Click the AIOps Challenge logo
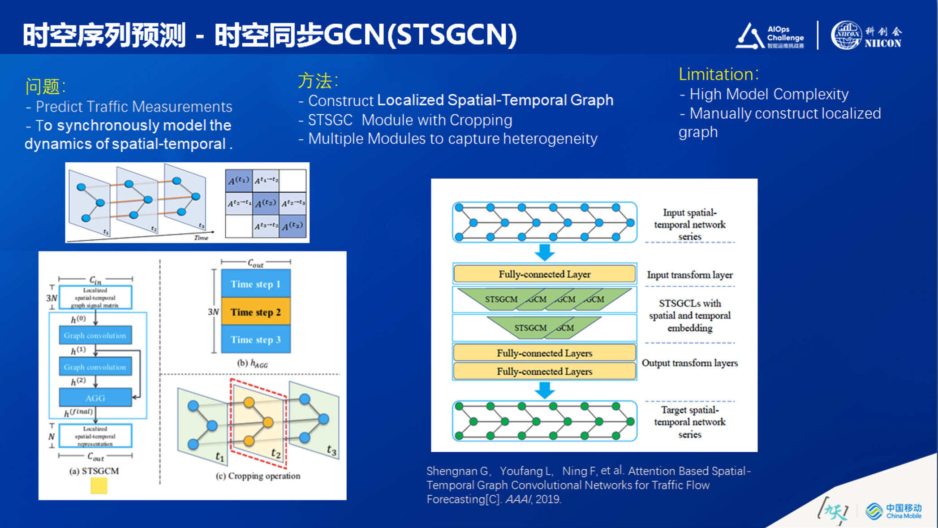click(770, 36)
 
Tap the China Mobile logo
click(894, 511)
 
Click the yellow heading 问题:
click(45, 86)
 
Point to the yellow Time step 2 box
click(256, 312)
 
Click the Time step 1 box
click(256, 284)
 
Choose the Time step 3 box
click(256, 340)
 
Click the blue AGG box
click(95, 398)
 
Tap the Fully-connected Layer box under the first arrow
click(544, 274)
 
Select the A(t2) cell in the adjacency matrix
click(266, 203)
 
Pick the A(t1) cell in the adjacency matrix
click(239, 181)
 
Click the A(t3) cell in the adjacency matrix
click(293, 226)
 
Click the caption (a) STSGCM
click(94, 471)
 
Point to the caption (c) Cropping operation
click(258, 476)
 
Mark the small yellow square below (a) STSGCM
click(99, 486)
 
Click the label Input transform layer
click(690, 275)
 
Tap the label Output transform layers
click(690, 363)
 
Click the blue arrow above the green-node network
click(545, 390)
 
